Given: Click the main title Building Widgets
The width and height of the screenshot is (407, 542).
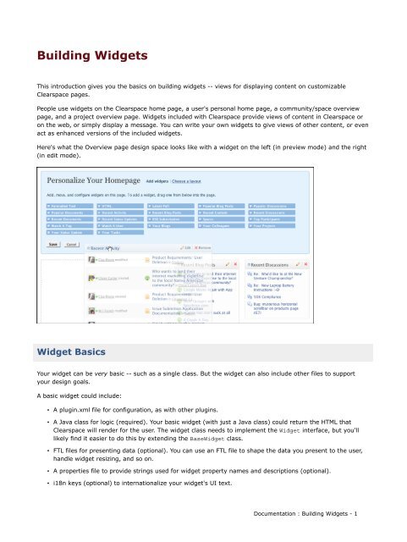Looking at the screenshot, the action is tap(86, 57).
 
